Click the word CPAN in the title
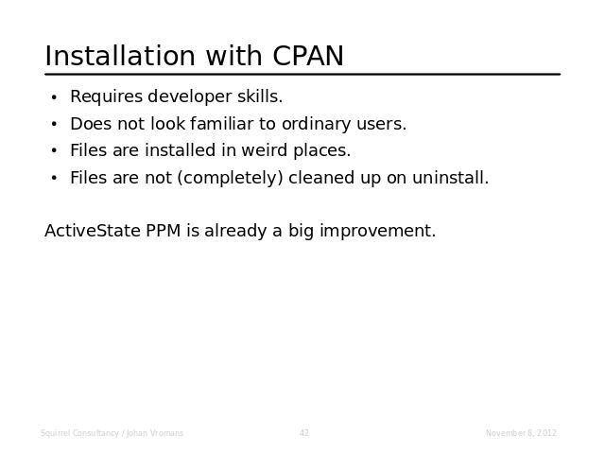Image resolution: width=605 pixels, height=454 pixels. pyautogui.click(x=308, y=56)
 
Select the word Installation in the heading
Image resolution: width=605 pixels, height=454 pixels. pyautogui.click(x=120, y=56)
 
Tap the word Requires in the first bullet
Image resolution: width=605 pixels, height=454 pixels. pyautogui.click(x=107, y=96)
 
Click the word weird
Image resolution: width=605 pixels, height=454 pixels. pyautogui.click(x=265, y=150)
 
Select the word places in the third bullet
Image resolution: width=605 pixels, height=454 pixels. pyautogui.click(x=321, y=151)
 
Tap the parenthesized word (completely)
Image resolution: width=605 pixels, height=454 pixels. pyautogui.click(x=231, y=179)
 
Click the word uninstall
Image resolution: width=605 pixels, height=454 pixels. pyautogui.click(x=450, y=178)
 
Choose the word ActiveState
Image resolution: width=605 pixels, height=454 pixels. pyautogui.click(x=93, y=231)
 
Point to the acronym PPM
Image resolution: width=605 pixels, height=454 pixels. pyautogui.click(x=164, y=231)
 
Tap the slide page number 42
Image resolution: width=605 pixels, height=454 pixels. pyautogui.click(x=304, y=433)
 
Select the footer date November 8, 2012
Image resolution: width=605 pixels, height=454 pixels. pyautogui.click(x=521, y=433)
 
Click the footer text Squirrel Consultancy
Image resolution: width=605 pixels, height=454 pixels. pyautogui.click(x=79, y=433)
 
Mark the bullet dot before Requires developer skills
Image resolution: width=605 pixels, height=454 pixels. pyautogui.click(x=54, y=97)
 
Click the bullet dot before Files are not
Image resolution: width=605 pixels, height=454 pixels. pyautogui.click(x=54, y=179)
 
